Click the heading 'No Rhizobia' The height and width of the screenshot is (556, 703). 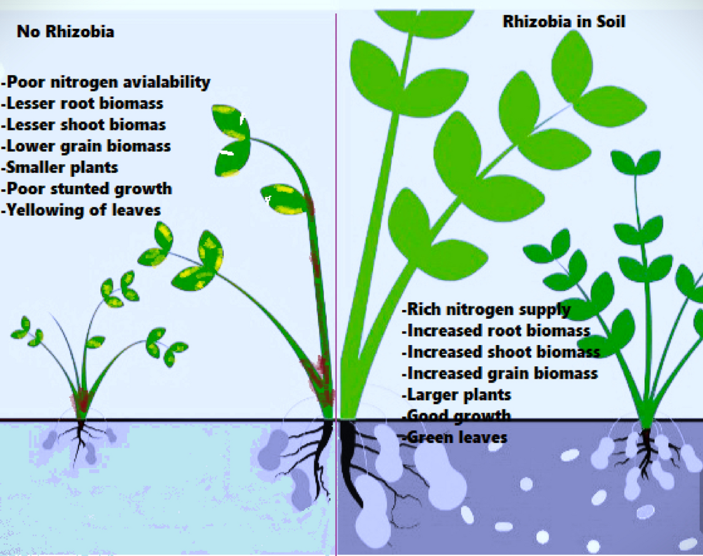tap(65, 31)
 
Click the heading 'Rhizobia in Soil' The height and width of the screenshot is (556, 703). tap(564, 22)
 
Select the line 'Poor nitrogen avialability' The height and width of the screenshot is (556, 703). tap(107, 82)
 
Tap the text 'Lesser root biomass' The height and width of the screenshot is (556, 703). tap(83, 104)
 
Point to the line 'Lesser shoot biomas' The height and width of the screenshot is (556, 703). tap(84, 125)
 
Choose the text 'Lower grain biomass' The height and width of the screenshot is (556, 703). tap(87, 146)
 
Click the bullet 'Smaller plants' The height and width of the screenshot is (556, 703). tap(61, 167)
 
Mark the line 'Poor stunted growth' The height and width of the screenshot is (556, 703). tap(87, 189)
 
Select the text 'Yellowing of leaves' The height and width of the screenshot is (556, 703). tap(82, 210)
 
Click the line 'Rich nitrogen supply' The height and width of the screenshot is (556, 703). tap(486, 309)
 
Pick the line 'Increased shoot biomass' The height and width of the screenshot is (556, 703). tap(501, 352)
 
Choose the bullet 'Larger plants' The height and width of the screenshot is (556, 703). tap(456, 394)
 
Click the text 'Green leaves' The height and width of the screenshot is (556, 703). tap(455, 437)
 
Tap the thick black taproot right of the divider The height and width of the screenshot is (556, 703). tap(349, 457)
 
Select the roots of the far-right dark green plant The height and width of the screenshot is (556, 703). tap(646, 451)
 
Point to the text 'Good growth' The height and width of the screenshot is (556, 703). tap(456, 416)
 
